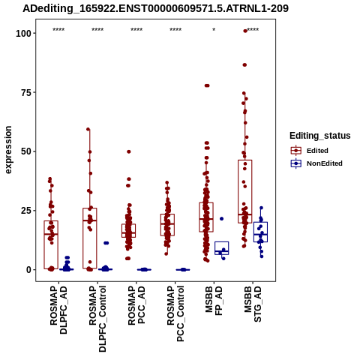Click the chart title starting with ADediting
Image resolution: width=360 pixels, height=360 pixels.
point(155,8)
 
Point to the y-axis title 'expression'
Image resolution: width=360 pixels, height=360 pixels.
point(8,150)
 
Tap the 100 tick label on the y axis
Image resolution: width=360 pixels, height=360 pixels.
point(23,33)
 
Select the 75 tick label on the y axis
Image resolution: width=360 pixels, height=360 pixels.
point(26,92)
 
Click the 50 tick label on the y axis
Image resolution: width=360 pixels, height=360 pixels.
point(26,151)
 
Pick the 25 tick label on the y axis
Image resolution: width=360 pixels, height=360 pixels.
point(26,211)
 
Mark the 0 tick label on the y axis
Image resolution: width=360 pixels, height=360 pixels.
point(28,270)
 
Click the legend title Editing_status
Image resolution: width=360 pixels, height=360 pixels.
point(320,136)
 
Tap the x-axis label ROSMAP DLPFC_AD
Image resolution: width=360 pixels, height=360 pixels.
point(58,310)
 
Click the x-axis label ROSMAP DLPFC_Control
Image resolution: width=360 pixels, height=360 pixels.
point(97,319)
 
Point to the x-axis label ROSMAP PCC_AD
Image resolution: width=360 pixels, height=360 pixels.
point(136,305)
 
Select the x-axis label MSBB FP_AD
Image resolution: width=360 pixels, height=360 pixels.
point(214,301)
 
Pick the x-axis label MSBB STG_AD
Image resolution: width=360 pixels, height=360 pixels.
point(253,304)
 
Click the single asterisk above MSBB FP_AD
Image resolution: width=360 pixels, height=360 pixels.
point(214,30)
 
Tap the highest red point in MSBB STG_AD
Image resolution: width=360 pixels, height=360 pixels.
point(245,31)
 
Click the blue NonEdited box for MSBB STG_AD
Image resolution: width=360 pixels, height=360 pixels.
point(261,232)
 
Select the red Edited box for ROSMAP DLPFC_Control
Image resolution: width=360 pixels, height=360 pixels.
point(90,238)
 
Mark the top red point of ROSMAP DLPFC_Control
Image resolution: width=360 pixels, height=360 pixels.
point(88,129)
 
